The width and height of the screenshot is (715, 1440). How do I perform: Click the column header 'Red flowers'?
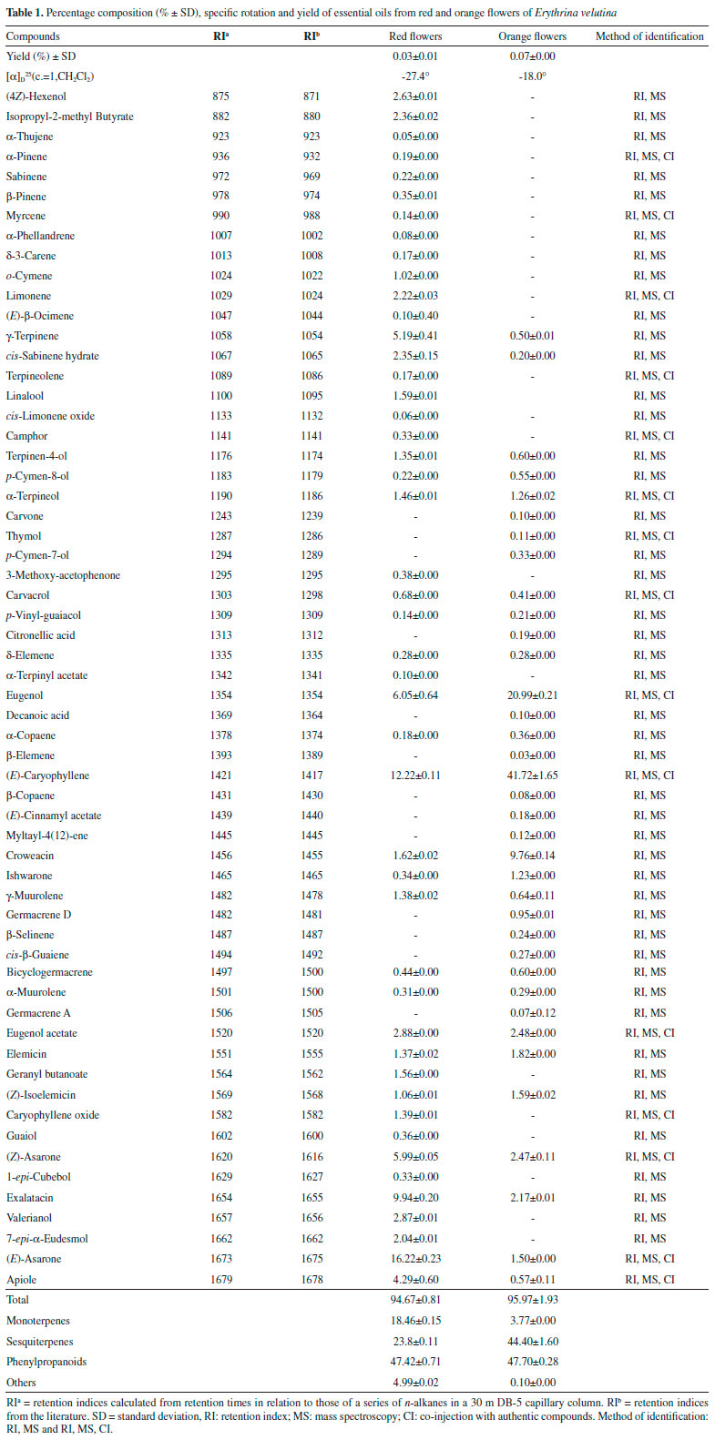point(414,36)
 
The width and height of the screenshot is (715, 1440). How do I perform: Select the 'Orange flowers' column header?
point(532,36)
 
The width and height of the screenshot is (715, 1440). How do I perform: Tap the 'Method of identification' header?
point(649,36)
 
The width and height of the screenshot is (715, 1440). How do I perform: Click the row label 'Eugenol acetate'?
point(42,1033)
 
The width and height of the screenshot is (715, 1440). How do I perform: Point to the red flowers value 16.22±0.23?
point(414,1259)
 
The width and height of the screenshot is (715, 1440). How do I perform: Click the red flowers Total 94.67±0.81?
point(415,1300)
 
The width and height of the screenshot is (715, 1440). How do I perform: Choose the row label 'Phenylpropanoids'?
point(45,1362)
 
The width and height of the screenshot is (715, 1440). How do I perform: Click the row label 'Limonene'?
point(28,296)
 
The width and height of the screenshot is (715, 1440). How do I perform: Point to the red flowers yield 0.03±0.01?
point(414,56)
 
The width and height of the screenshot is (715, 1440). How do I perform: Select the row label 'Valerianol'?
point(30,1218)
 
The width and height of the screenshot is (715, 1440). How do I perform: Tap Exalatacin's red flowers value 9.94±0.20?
point(414,1198)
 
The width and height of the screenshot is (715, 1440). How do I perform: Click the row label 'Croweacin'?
point(31,856)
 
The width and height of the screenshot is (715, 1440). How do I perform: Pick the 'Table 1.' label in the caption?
point(27,11)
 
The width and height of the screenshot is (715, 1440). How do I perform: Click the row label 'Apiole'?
point(22,1280)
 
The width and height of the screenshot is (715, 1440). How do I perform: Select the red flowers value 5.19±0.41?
point(414,336)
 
